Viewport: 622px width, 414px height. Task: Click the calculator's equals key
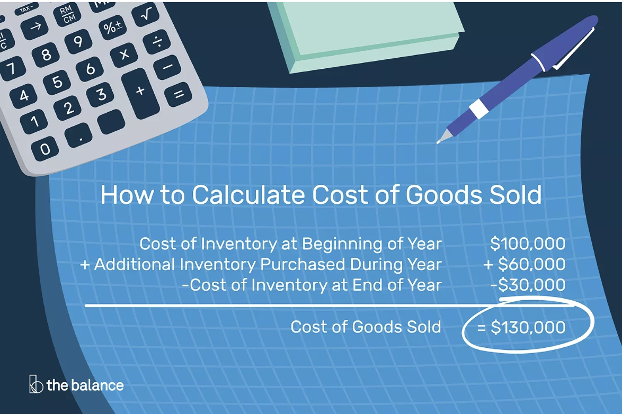click(x=179, y=94)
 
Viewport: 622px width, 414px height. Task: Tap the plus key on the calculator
click(x=140, y=93)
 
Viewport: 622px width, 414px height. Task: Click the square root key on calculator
click(x=146, y=15)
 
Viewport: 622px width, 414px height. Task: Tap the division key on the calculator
click(x=157, y=41)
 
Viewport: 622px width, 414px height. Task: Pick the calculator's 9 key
click(x=78, y=41)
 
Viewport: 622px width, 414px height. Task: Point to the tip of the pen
click(x=438, y=142)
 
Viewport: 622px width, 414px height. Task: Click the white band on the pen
click(x=479, y=109)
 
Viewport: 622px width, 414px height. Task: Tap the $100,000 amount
click(x=528, y=244)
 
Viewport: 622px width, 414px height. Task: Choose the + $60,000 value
click(x=525, y=264)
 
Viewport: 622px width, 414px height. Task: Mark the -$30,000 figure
click(x=528, y=285)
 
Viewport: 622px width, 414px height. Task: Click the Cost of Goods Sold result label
click(x=366, y=327)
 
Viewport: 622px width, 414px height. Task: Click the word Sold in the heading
click(x=515, y=195)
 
